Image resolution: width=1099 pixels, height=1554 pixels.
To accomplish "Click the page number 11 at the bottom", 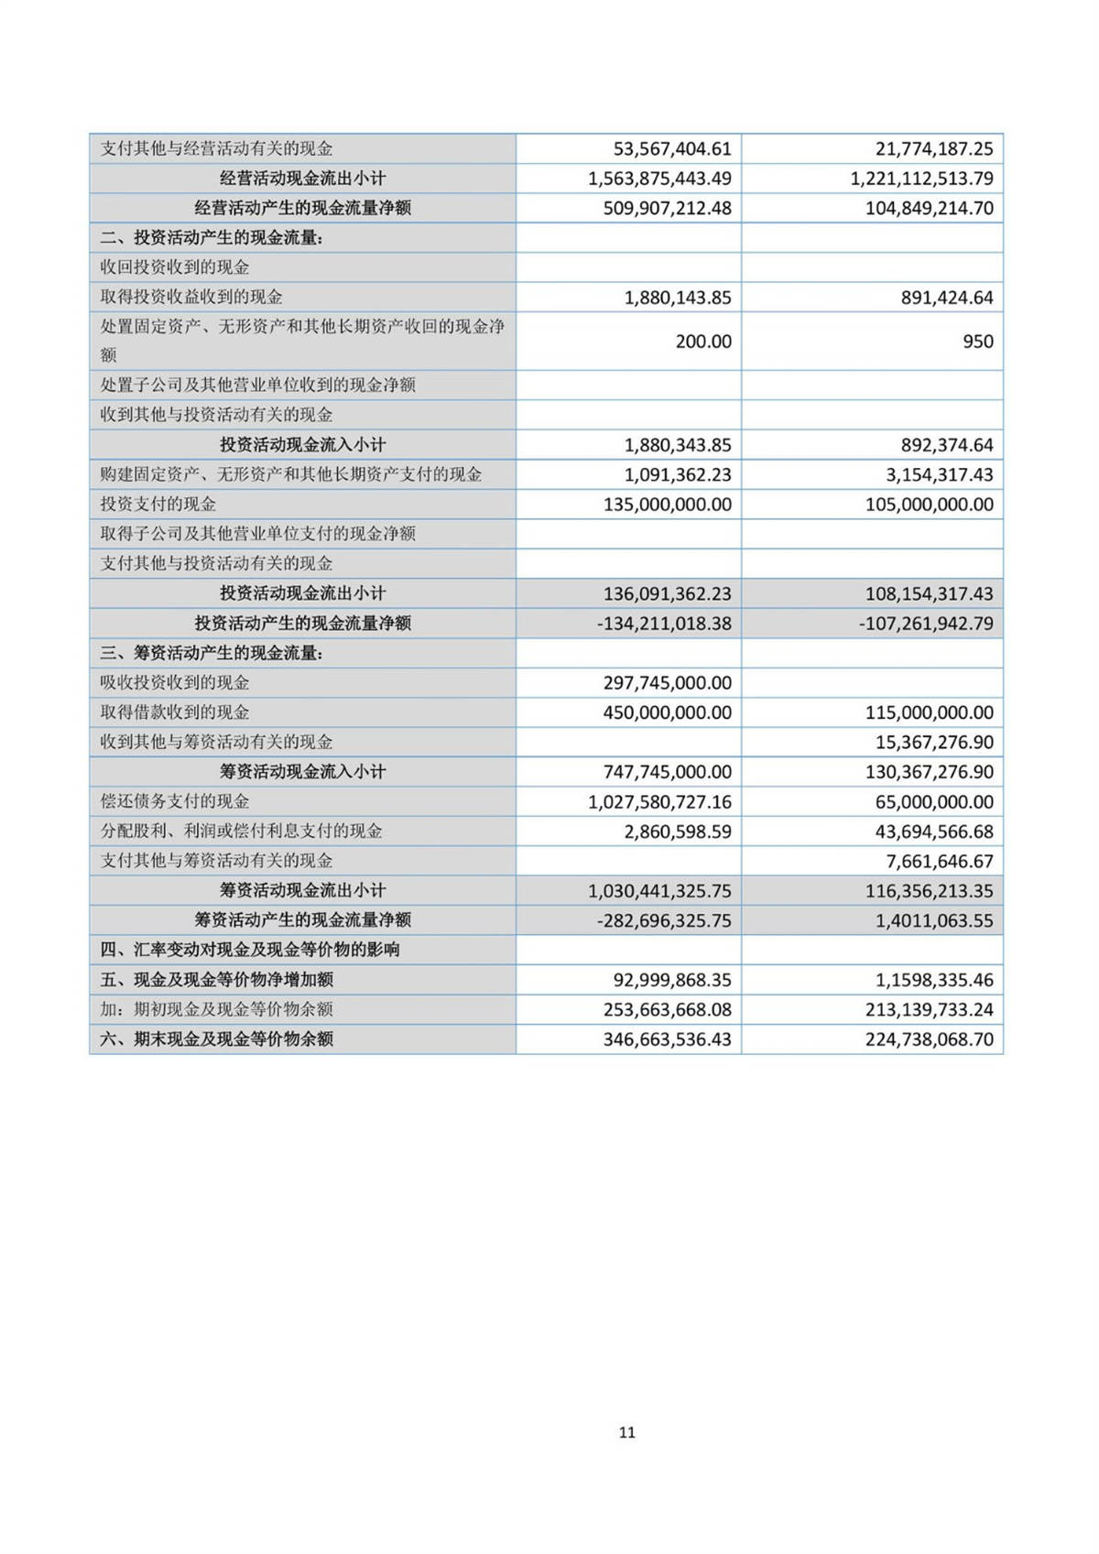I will pos(626,1432).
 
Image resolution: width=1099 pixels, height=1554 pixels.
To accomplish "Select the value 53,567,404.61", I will pos(671,148).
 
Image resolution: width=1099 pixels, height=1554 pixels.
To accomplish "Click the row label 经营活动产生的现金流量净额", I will pos(302,208).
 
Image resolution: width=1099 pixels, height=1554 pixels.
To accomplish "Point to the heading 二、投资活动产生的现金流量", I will pos(212,238).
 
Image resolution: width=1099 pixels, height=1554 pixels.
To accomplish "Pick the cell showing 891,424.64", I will pos(947,298).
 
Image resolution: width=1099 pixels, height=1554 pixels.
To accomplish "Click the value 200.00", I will pos(703,342).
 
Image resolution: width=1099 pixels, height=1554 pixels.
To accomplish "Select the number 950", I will pos(977,342).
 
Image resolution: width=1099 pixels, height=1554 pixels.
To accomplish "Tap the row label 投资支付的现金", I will pos(158,505).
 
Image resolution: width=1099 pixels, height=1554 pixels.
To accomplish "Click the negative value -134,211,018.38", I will pos(664,624).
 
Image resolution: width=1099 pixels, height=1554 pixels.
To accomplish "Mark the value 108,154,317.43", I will pos(929,593).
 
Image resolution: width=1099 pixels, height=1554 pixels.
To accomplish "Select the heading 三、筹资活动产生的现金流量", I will pos(212,653).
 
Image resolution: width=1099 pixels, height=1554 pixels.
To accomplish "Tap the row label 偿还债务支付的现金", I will pos(175,801).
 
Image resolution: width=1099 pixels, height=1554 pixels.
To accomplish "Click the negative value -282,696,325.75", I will pos(664,920).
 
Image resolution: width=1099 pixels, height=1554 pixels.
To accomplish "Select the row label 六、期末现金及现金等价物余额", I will pos(217,1039).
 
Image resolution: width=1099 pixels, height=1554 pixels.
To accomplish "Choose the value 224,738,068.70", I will pos(929,1039).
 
